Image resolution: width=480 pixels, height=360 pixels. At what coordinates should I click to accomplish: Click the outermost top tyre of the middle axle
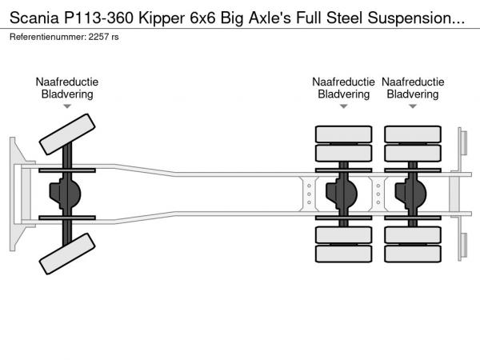(344, 134)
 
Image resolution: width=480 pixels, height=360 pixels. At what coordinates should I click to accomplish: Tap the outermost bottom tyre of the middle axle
(344, 254)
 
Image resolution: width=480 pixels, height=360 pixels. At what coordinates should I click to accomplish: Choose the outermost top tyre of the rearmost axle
(413, 134)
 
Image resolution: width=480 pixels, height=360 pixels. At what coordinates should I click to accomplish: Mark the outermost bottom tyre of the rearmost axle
(413, 254)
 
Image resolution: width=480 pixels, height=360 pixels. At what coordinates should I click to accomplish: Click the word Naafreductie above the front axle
(67, 82)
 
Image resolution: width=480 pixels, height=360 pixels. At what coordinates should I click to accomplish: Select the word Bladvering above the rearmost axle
(413, 94)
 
